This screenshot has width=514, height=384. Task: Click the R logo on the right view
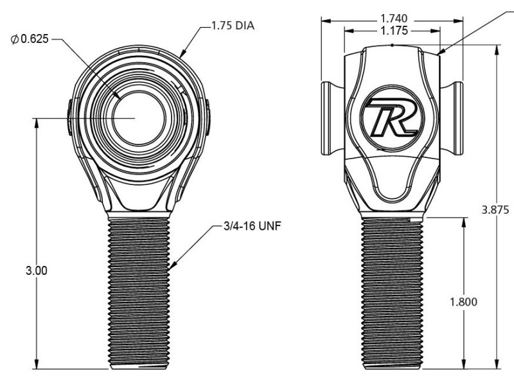tap(391, 119)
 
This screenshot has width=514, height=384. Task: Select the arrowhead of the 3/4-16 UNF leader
tap(172, 265)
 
